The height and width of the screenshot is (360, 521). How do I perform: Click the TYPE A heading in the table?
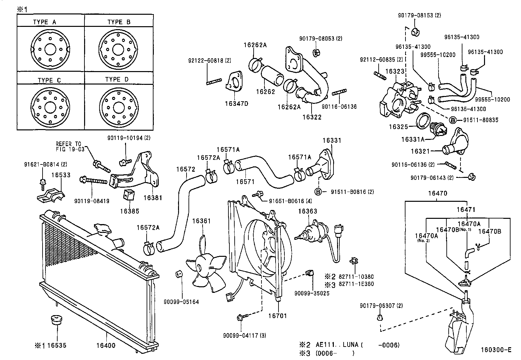point(45,22)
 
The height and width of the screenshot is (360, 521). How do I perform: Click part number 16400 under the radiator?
point(106,346)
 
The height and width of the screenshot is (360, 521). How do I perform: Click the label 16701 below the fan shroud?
point(278,316)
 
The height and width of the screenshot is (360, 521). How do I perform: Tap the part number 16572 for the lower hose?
point(186,169)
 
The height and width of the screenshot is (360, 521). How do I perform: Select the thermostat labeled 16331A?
point(437,128)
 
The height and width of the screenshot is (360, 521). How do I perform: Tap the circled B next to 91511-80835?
point(453,120)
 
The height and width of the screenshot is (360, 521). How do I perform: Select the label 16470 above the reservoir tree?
point(438,193)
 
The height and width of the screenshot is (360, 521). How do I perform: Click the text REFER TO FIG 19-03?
point(70,146)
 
